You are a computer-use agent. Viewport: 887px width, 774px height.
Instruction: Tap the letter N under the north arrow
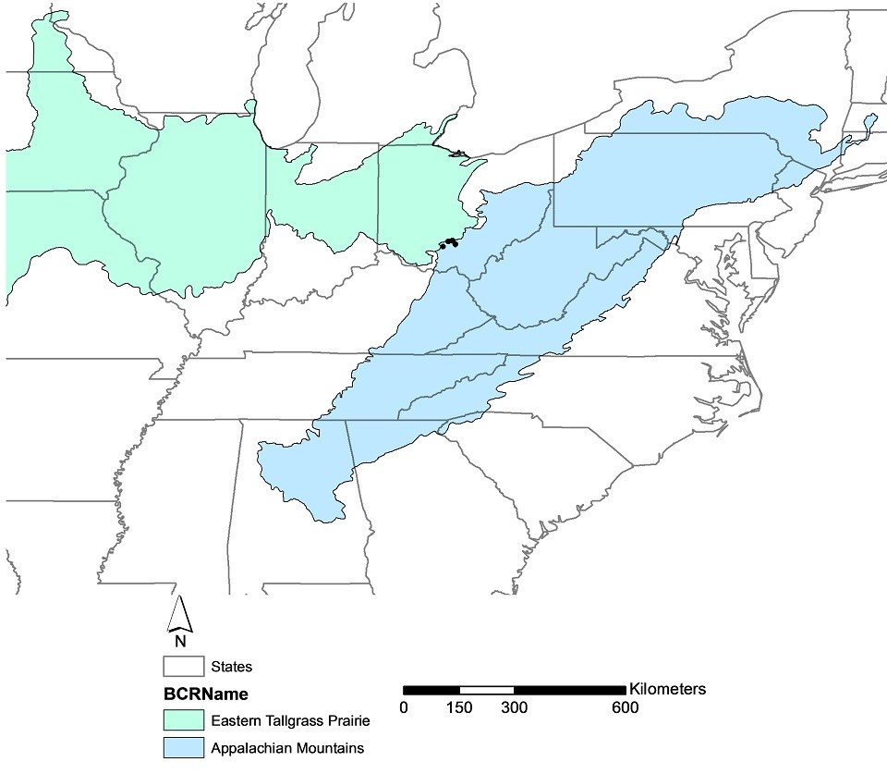click(x=181, y=640)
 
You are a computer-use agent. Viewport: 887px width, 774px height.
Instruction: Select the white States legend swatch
click(x=181, y=666)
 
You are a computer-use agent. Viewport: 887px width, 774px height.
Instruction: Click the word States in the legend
click(x=231, y=666)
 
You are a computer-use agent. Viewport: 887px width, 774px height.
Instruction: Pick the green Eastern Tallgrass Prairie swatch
click(x=181, y=720)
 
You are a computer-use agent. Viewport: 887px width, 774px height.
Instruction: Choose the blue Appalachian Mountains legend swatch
click(x=181, y=747)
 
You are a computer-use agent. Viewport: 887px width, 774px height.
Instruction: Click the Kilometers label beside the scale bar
click(x=667, y=690)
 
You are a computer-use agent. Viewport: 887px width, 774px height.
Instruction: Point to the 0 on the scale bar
click(x=404, y=708)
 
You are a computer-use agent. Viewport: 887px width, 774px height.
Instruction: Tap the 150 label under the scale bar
click(x=459, y=708)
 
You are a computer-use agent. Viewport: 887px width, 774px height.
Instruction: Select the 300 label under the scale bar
click(x=514, y=708)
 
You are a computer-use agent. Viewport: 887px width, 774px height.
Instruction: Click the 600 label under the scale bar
click(x=625, y=708)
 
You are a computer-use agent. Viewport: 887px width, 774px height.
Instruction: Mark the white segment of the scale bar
click(x=486, y=690)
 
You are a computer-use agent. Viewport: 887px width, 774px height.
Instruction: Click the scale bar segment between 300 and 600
click(x=569, y=690)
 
